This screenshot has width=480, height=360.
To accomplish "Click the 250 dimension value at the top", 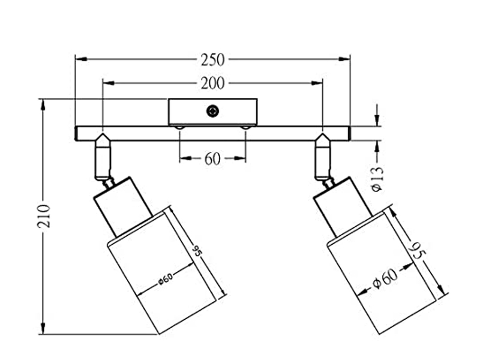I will coord(213,59).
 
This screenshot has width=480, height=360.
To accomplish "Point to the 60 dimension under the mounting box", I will coord(213,159).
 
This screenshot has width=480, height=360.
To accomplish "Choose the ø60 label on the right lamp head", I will coord(384,278).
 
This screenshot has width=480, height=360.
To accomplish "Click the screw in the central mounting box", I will coord(212,111).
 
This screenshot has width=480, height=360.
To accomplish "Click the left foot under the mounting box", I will coord(178,127).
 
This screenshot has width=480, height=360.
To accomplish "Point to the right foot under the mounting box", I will coord(246,127).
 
